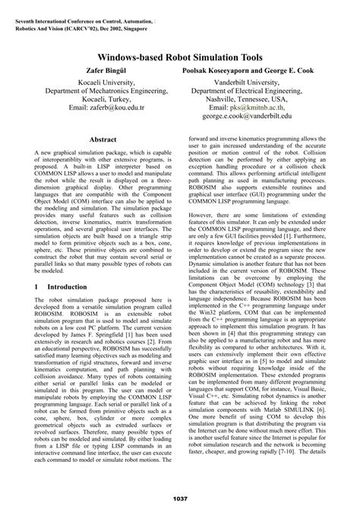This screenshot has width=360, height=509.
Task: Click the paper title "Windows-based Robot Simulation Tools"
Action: [180, 57]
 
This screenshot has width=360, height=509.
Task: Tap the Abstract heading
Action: [104, 141]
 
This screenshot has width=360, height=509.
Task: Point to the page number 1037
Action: [180, 498]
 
